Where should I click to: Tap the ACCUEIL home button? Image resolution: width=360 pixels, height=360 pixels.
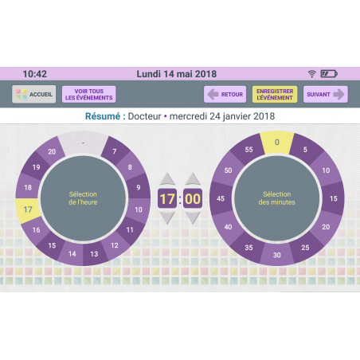34,94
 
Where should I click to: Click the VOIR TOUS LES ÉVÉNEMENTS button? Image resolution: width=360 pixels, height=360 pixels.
89,94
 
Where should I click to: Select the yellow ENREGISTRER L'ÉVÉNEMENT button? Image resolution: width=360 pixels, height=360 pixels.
275,94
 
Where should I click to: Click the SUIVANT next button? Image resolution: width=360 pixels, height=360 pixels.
326,94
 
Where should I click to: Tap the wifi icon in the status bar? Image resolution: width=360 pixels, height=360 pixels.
312,74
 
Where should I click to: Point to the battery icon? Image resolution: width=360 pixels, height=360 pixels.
329,73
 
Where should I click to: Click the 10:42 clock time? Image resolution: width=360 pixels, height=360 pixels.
35,74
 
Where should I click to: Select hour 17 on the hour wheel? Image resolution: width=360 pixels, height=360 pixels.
28,209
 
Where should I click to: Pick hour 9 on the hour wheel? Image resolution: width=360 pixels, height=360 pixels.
139,187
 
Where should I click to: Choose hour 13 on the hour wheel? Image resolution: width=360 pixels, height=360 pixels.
94,254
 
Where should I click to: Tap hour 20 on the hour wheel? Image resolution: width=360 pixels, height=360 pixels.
52,151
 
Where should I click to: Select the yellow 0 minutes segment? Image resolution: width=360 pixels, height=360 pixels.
277,143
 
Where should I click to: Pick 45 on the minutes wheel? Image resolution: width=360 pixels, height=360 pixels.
221,198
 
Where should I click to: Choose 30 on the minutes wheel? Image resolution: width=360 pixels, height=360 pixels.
277,255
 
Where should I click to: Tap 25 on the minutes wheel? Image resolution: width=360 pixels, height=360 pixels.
305,248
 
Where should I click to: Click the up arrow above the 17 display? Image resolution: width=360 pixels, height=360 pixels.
167,178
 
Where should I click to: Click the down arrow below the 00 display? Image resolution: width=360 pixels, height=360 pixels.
193,217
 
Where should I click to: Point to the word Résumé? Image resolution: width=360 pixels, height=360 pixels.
103,116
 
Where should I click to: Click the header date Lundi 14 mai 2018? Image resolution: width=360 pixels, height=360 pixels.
177,74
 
